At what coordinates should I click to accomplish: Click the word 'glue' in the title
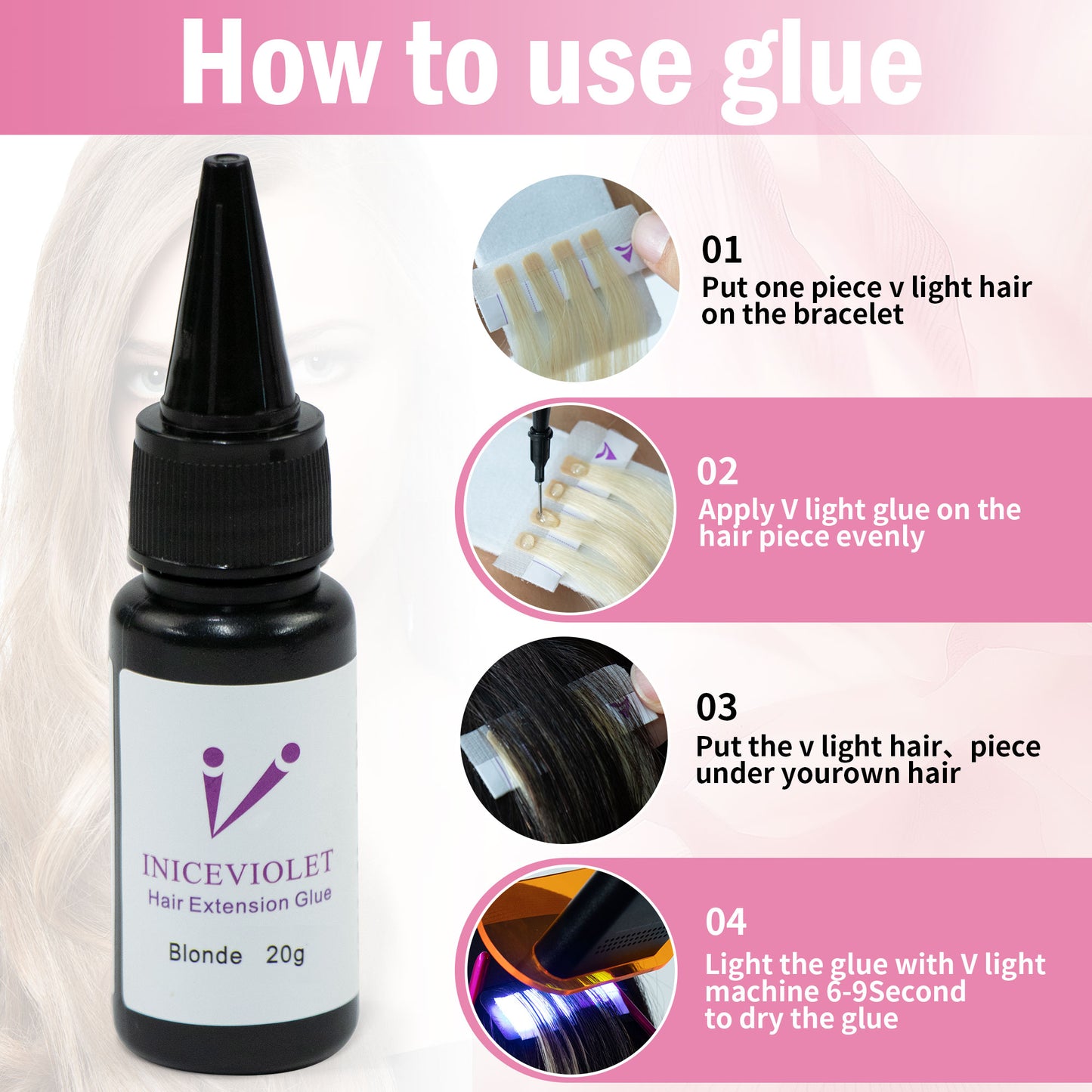(821, 71)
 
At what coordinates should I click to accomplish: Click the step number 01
(722, 249)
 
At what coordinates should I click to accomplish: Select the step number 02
(717, 472)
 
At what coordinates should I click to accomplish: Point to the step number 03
(716, 707)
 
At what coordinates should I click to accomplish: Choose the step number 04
(726, 922)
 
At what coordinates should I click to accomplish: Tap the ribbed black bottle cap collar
(230, 499)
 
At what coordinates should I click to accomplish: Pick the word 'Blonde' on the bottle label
(205, 955)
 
